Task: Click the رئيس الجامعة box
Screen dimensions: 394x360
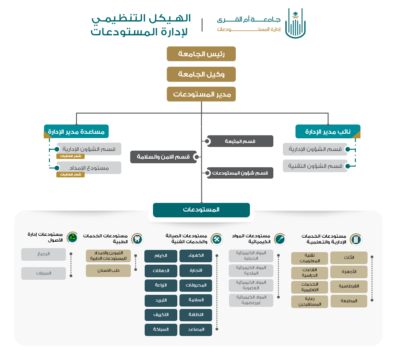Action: [x=201, y=54]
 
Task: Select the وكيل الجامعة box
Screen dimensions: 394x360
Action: [x=201, y=74]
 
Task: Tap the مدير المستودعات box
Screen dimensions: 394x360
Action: [x=201, y=94]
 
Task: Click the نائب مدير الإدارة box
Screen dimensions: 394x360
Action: [x=328, y=132]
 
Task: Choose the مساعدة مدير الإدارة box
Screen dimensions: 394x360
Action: [x=76, y=132]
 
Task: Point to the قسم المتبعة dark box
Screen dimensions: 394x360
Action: [x=240, y=141]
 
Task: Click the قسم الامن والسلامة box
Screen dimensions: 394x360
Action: [x=163, y=157]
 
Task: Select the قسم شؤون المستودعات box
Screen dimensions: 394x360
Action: [x=240, y=173]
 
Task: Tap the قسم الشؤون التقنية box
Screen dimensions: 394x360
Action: [x=315, y=166]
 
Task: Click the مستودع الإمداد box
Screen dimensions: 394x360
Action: [x=89, y=168]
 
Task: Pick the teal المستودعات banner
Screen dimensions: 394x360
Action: [x=201, y=210]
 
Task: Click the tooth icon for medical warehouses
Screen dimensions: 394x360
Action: [x=137, y=239]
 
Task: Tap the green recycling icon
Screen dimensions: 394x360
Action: [x=72, y=238]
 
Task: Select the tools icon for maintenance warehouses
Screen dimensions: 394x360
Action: [x=217, y=239]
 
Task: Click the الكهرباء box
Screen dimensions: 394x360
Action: [x=196, y=256]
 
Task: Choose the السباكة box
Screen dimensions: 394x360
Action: [x=161, y=330]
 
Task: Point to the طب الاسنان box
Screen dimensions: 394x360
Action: [x=108, y=271]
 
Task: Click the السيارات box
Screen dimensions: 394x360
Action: [x=43, y=273]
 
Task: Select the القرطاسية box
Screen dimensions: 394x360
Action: [x=349, y=286]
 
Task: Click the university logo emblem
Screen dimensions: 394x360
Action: [x=295, y=23]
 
